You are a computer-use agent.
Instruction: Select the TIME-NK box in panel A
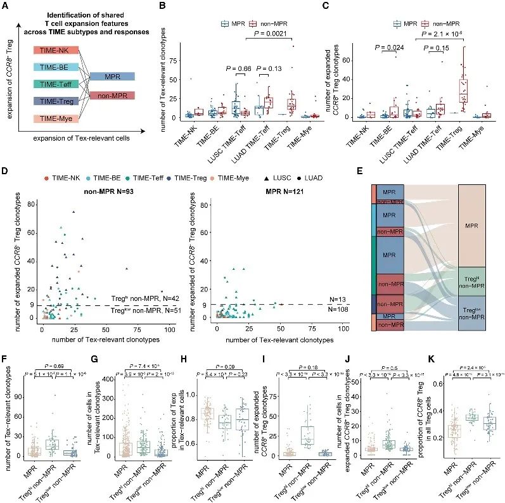pos(56,49)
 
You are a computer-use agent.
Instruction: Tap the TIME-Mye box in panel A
pos(56,118)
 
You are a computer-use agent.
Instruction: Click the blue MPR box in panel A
pos(111,76)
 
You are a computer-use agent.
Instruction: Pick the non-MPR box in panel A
pos(111,94)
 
